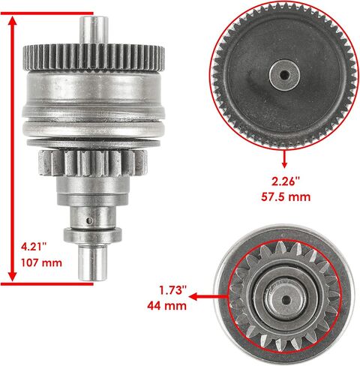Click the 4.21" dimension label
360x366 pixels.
pos(34,247)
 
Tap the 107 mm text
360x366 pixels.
pos(41,262)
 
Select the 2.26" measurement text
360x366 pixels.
pos(285,181)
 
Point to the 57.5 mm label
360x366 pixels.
pos(286,197)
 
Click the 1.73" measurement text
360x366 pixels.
pos(173,290)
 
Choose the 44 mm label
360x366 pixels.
pos(166,306)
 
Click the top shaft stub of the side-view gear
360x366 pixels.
pos(94,30)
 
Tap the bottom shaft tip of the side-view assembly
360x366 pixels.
pos(93,263)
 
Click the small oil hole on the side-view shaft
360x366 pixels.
pos(89,220)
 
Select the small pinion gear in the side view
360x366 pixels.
pos(93,163)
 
